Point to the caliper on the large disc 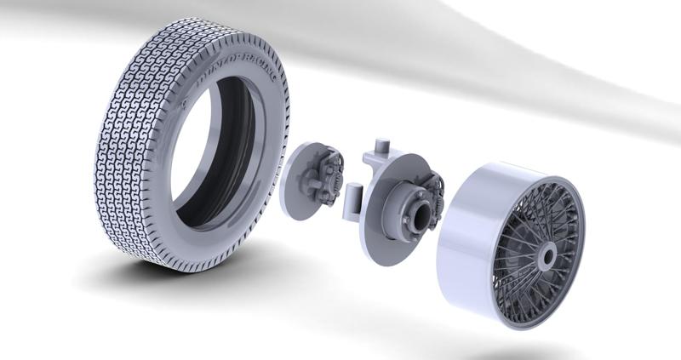pyautogui.click(x=434, y=191)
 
